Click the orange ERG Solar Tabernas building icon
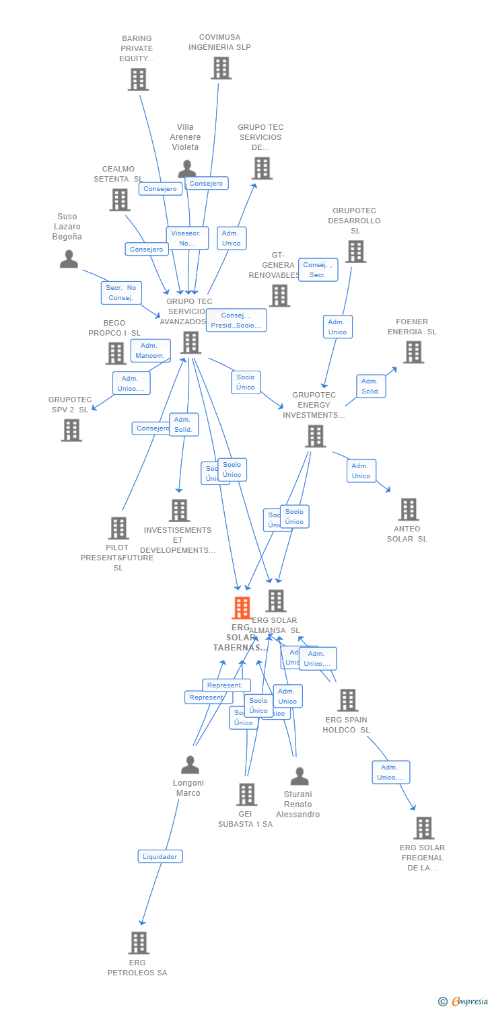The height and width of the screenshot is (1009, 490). point(242,607)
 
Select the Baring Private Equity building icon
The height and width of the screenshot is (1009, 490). point(138,79)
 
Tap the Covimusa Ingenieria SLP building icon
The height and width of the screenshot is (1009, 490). point(221,68)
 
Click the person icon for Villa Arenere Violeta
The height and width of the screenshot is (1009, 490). point(187,168)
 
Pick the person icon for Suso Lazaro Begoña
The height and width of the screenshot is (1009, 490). point(69,259)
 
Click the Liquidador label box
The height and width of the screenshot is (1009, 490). point(160,856)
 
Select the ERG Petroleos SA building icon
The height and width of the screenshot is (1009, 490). point(138,942)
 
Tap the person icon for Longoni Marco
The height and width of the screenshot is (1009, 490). point(190,765)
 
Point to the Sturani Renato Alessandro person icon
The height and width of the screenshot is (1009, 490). point(300,776)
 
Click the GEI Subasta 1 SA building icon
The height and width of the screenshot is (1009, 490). point(246,794)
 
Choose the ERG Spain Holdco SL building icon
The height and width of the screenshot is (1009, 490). point(347,700)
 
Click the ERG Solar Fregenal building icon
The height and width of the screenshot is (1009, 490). point(423,828)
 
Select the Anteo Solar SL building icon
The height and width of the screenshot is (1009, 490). point(408,509)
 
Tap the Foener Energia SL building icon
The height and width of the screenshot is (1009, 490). point(413,352)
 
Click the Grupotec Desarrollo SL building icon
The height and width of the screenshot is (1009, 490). point(355,252)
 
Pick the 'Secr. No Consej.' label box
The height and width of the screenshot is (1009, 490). point(121,293)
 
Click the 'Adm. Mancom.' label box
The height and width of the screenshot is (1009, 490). point(150,350)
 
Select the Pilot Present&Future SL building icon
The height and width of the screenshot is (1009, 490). point(118,528)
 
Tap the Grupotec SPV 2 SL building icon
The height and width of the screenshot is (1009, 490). point(71,430)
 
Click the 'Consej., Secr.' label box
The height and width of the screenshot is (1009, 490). point(318,270)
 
